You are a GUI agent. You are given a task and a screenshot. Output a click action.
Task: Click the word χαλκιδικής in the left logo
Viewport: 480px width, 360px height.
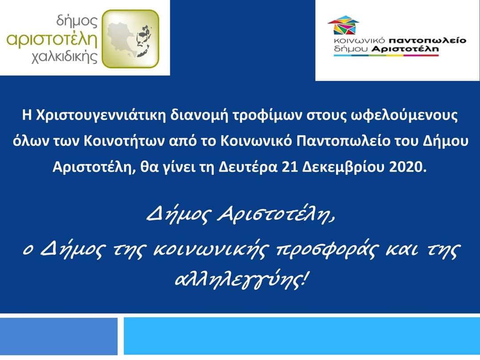point(64,57)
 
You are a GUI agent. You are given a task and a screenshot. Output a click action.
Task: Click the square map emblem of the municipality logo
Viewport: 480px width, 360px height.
point(130,39)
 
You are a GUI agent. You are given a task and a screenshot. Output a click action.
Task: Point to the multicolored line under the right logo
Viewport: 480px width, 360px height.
point(386,56)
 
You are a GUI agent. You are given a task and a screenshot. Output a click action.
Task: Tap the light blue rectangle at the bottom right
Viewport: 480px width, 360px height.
point(301,336)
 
